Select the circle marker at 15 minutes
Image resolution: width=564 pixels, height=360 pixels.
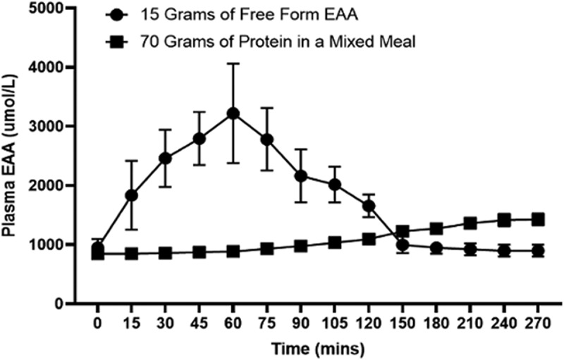(x=131, y=195)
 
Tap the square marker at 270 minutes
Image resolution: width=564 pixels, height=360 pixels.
(x=538, y=219)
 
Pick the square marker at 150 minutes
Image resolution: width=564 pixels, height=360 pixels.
(x=403, y=231)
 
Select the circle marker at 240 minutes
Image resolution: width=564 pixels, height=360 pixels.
(x=504, y=251)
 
